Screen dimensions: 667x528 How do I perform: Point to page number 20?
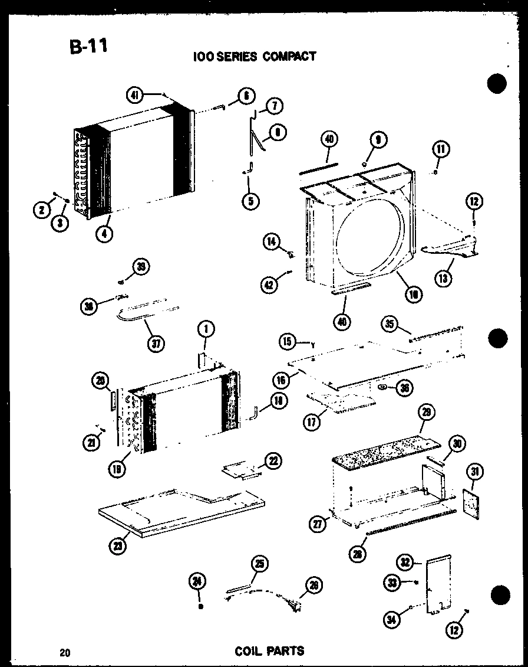(64, 653)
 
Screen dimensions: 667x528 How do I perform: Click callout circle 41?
(134, 94)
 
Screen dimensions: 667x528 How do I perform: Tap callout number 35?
(388, 324)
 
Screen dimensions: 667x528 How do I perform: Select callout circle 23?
(118, 547)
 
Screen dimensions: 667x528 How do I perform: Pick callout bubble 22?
(273, 462)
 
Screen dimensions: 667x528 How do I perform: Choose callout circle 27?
(318, 524)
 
